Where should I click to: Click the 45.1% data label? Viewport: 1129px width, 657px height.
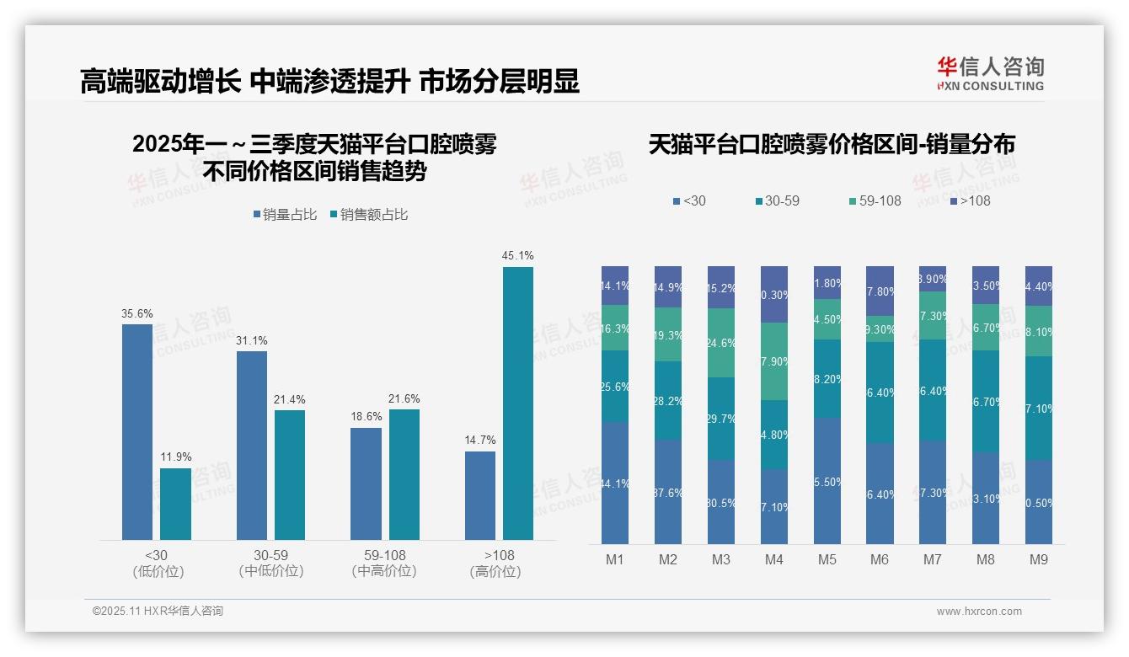tap(517, 255)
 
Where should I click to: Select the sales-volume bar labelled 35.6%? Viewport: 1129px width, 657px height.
tap(137, 431)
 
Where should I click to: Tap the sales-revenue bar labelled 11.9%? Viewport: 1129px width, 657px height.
tap(175, 504)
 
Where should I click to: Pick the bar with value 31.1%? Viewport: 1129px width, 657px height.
tap(252, 445)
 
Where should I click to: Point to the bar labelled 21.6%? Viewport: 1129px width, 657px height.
tap(404, 474)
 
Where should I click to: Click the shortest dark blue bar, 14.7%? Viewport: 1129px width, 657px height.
tap(480, 495)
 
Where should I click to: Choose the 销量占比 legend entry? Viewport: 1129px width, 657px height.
tap(285, 215)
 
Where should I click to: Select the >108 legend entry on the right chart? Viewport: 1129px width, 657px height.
tap(970, 200)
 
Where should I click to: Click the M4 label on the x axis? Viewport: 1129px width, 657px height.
tap(774, 559)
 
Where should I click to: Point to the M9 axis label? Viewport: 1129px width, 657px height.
tap(1039, 559)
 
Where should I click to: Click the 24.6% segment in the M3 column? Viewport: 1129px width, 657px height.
tap(721, 343)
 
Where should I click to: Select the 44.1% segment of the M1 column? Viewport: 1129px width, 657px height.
tap(615, 483)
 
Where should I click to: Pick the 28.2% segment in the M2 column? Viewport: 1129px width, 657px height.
tap(668, 401)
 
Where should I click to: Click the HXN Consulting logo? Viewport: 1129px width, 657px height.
tap(990, 74)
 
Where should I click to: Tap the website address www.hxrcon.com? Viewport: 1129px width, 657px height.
tap(979, 612)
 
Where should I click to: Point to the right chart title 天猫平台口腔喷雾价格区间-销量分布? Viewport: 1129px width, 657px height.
tap(832, 145)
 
